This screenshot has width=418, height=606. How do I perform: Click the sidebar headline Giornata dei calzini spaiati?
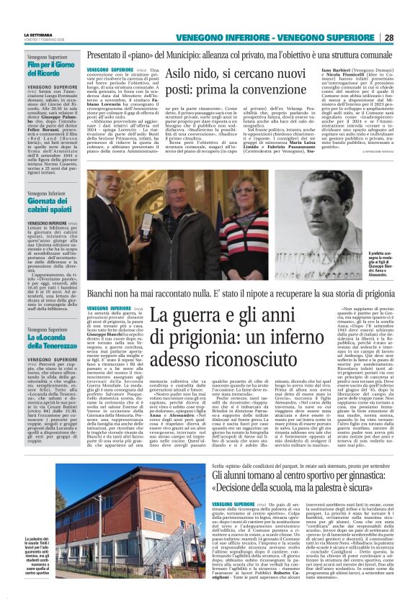pos(53,204)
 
